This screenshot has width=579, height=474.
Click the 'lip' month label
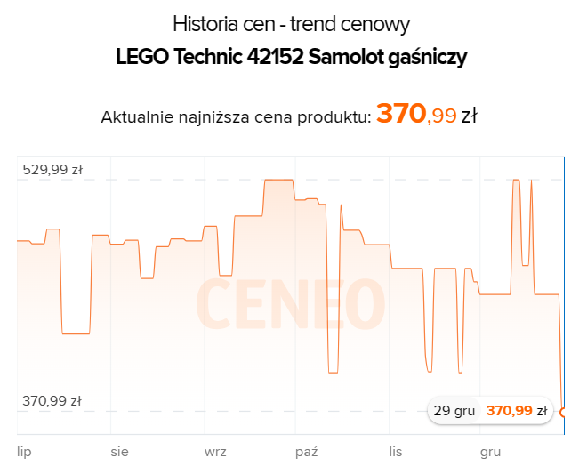point(24,452)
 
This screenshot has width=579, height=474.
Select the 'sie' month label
point(119,452)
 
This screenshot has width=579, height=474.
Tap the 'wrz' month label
point(215,452)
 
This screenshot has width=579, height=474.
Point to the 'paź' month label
point(307,452)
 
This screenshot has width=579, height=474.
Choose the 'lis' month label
point(396,452)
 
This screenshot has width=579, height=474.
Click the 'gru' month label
point(490,452)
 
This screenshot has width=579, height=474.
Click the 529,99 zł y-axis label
point(52,171)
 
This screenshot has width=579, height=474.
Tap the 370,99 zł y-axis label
point(52,401)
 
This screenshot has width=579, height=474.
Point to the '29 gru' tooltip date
point(454,411)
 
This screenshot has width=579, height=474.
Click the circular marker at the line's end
point(564,411)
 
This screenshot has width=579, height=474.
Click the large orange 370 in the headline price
point(401,114)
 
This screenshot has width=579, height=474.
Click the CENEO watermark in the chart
point(290,302)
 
